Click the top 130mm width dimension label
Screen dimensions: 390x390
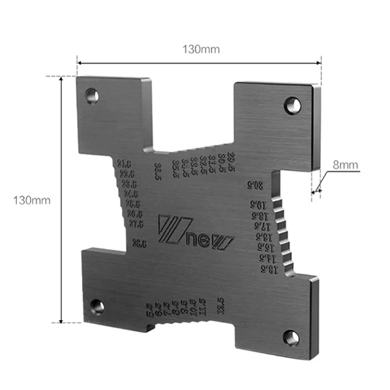coord(201,49)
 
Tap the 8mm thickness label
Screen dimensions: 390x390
coord(346,165)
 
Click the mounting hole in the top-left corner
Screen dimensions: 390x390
coord(92,96)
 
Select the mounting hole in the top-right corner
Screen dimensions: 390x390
coord(292,105)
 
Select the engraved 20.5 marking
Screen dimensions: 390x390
coord(254,185)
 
